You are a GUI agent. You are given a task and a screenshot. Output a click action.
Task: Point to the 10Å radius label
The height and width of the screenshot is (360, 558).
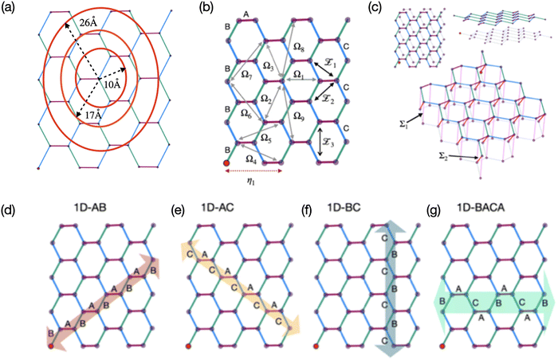point(112,84)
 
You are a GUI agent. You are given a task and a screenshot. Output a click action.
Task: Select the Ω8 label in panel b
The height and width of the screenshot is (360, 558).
point(299,47)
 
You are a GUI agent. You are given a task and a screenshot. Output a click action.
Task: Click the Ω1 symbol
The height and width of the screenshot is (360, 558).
point(299,73)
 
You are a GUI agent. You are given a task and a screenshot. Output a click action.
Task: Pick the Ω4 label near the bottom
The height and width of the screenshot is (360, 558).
point(251,159)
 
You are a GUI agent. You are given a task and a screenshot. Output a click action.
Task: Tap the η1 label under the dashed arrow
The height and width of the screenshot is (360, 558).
point(252,180)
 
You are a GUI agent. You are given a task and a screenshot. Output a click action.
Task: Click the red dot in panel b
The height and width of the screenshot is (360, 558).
point(226,163)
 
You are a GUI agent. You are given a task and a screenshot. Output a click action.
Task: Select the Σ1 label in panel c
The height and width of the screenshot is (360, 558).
point(403,124)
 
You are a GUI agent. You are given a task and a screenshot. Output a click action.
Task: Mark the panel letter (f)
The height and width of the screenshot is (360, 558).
point(306,210)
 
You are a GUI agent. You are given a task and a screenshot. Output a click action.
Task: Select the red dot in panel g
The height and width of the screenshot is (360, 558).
point(442,346)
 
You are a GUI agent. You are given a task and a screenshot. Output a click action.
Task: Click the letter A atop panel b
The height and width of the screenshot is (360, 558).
point(246,14)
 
